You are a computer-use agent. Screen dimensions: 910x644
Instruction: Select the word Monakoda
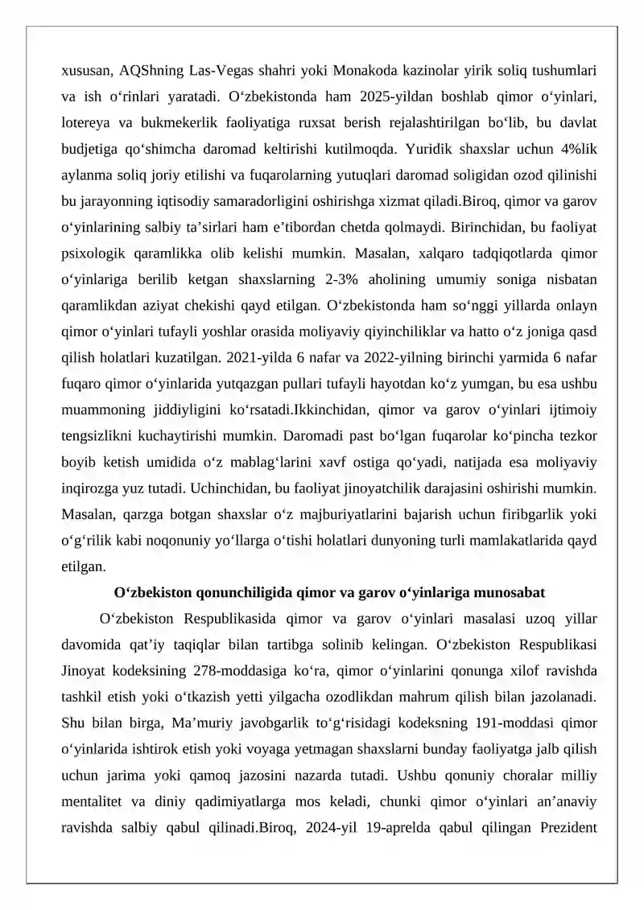tap(364, 70)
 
